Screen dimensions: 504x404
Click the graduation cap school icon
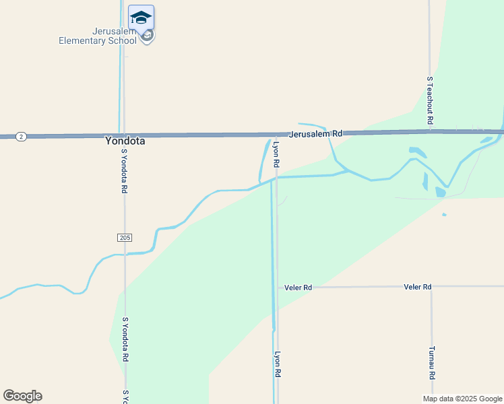(x=141, y=18)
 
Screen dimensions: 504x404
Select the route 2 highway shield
(x=22, y=137)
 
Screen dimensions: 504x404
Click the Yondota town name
(x=125, y=142)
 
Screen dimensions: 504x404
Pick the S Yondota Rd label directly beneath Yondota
(x=125, y=171)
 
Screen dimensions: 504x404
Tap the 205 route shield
(x=125, y=238)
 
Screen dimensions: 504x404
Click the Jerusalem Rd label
(x=316, y=134)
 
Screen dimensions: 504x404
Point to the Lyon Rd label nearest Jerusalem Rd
(x=276, y=154)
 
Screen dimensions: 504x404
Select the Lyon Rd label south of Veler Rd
(x=276, y=364)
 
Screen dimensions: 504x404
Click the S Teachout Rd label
(x=429, y=100)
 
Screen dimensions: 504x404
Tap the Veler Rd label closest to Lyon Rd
(x=298, y=288)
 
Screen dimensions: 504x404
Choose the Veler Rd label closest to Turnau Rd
(x=417, y=287)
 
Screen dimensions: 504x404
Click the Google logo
(x=22, y=396)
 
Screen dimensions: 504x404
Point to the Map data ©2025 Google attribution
(x=463, y=399)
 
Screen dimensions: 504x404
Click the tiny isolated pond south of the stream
(x=443, y=215)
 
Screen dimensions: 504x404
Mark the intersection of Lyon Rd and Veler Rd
(x=277, y=288)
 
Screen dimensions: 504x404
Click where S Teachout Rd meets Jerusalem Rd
(x=429, y=131)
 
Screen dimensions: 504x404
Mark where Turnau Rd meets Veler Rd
(x=431, y=287)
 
